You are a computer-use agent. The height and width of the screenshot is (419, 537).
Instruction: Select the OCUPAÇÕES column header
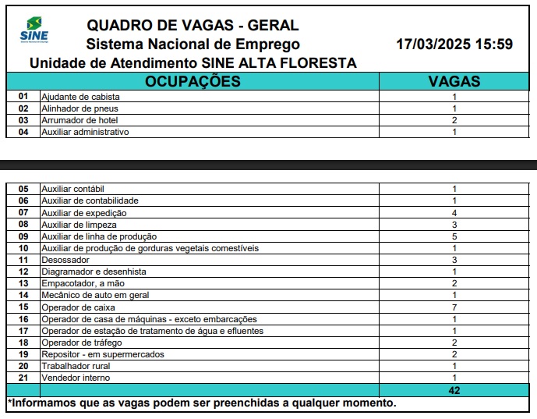point(193,81)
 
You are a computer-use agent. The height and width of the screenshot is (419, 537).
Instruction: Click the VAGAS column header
point(454,81)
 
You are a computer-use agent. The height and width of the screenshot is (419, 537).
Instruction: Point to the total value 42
point(454,390)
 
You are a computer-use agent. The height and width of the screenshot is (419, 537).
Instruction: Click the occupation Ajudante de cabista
point(80,97)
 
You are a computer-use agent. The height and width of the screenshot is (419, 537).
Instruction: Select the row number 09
point(23,236)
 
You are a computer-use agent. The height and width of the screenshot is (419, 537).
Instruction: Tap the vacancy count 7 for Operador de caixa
point(454,307)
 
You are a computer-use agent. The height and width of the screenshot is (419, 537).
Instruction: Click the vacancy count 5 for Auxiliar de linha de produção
point(454,236)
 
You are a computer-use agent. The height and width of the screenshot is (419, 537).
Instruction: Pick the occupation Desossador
point(65,260)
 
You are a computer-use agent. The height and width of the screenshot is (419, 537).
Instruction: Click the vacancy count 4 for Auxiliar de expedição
point(454,213)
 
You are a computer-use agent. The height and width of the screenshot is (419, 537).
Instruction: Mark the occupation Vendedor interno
point(76,378)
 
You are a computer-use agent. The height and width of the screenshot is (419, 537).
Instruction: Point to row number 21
point(23,378)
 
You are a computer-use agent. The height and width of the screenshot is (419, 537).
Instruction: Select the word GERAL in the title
point(273,26)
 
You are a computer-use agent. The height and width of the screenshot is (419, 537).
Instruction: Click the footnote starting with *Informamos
point(202,403)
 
